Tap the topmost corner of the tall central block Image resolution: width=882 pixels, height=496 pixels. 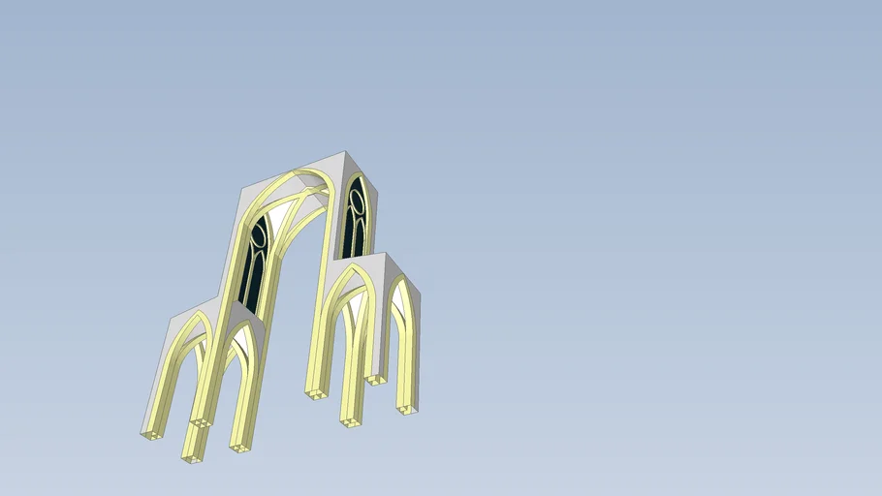pyautogui.click(x=345, y=152)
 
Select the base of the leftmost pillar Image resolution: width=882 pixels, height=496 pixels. pyautogui.click(x=151, y=434)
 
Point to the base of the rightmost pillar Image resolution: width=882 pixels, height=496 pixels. pyautogui.click(x=408, y=410)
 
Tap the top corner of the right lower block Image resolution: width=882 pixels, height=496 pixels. pyautogui.click(x=386, y=255)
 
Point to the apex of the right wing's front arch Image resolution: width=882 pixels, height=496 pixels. pyautogui.click(x=352, y=267)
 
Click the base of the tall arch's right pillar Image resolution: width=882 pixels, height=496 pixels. pyautogui.click(x=315, y=393)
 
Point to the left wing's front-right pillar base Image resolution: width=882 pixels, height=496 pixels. pyautogui.click(x=240, y=447)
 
